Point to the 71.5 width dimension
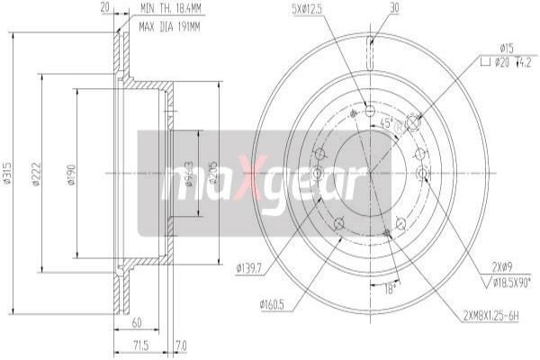point(139,346)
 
